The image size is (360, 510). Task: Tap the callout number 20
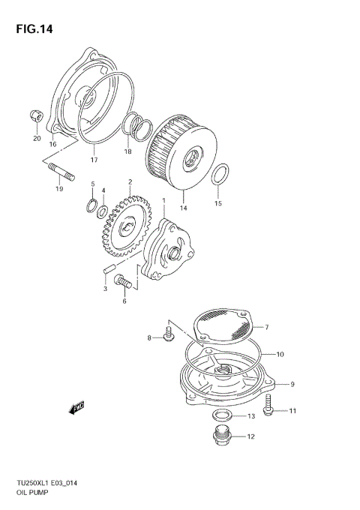pos(36,138)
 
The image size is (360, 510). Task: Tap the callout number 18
pos(127,151)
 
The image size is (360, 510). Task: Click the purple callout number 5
pos(93,184)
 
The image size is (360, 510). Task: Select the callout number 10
pos(280,354)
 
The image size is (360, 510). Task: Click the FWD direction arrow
pos(76,408)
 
